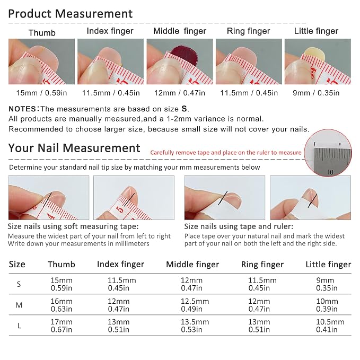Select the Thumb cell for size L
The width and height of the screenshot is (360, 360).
click(x=62, y=326)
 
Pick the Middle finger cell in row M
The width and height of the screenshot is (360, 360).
click(x=195, y=305)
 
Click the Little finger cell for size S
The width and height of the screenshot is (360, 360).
click(x=327, y=284)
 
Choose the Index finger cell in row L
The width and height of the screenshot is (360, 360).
click(x=119, y=326)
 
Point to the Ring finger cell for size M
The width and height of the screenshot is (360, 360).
click(x=259, y=305)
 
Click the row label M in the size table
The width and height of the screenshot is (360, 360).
click(x=19, y=305)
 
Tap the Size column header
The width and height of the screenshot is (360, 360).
click(x=17, y=264)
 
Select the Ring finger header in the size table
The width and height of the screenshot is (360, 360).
click(x=262, y=265)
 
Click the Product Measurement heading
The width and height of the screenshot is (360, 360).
click(x=71, y=14)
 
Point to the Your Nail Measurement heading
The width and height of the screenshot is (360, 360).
click(x=74, y=148)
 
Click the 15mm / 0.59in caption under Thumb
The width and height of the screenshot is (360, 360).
click(x=41, y=93)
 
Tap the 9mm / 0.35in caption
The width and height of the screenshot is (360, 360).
click(x=316, y=93)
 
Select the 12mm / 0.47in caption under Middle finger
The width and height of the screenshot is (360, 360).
click(x=180, y=93)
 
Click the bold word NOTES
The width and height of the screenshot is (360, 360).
click(x=22, y=109)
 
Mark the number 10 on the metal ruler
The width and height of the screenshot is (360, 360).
click(x=330, y=172)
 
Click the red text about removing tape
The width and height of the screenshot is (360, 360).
click(x=226, y=153)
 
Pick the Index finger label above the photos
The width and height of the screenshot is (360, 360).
click(x=110, y=31)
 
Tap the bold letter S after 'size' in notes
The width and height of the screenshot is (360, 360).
click(x=184, y=109)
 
